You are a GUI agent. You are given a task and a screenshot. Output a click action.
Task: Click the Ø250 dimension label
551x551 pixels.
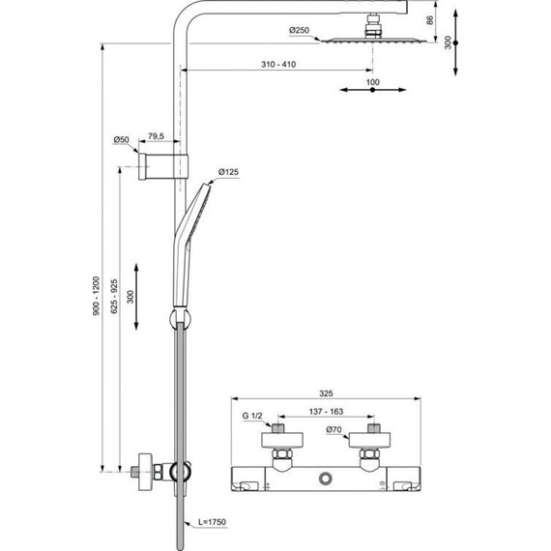click(300, 31)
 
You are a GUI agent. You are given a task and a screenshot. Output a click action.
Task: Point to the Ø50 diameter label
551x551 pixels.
click(122, 139)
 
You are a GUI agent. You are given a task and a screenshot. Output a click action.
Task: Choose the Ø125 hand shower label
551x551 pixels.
click(229, 172)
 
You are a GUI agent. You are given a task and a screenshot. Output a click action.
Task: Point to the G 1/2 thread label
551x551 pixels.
click(252, 416)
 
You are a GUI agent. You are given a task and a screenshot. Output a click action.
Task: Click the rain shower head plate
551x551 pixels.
click(371, 39)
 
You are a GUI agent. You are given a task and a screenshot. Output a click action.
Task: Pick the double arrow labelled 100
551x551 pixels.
click(372, 91)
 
